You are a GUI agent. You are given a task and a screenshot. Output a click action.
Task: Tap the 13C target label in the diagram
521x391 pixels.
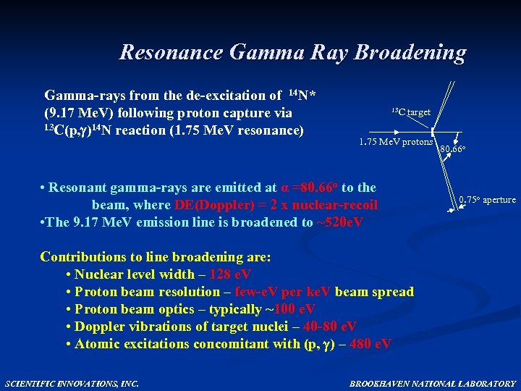click(411, 112)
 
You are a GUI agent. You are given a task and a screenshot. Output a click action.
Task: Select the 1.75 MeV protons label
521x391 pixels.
click(396, 142)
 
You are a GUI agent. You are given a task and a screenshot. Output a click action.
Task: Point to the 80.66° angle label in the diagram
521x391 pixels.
click(454, 149)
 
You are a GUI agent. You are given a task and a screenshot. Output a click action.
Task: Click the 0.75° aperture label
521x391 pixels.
click(487, 200)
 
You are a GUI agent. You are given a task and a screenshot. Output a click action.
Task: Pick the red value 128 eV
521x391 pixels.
click(230, 274)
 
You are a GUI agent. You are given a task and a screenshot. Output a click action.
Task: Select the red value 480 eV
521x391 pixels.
click(370, 344)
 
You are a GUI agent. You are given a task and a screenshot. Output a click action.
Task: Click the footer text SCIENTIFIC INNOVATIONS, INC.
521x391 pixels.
click(72, 383)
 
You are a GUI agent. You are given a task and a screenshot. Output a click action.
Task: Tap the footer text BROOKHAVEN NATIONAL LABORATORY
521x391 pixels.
click(433, 383)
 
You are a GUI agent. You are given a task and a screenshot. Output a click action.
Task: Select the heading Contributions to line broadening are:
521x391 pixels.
click(156, 257)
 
